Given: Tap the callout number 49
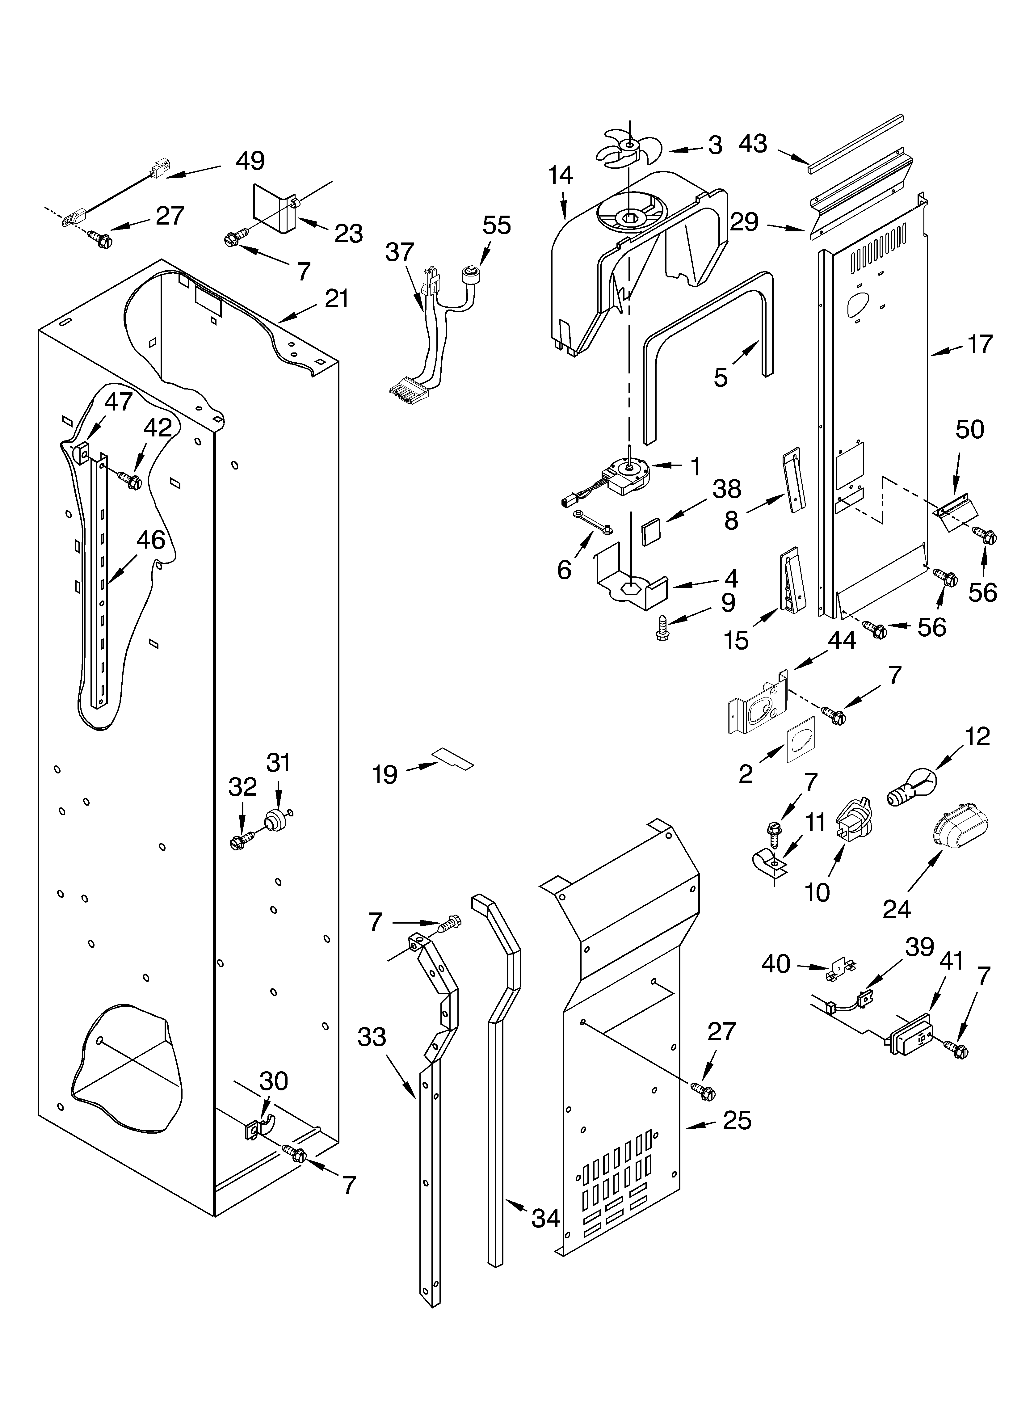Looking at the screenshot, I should (x=250, y=161).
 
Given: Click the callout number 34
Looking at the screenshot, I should (x=545, y=1218).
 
